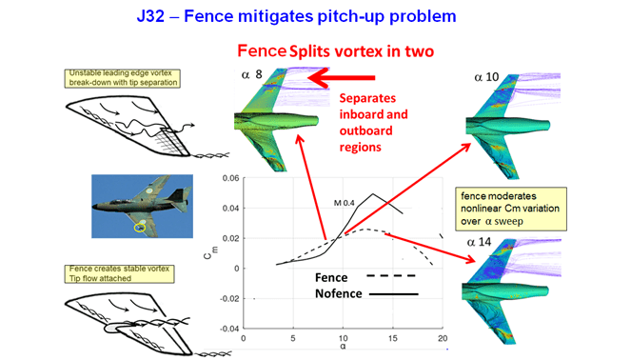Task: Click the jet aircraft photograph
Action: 140,206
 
